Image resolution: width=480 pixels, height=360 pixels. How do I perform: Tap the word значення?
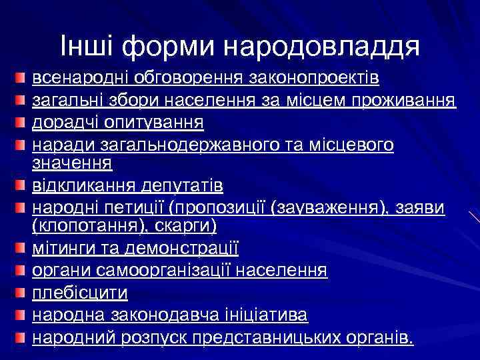point(72,162)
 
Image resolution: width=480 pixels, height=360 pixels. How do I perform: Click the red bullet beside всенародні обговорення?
point(22,80)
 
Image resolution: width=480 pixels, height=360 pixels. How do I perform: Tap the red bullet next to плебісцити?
point(22,292)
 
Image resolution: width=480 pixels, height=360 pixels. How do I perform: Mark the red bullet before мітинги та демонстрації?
point(22,249)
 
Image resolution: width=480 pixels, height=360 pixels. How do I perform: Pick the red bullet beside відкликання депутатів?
point(22,185)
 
